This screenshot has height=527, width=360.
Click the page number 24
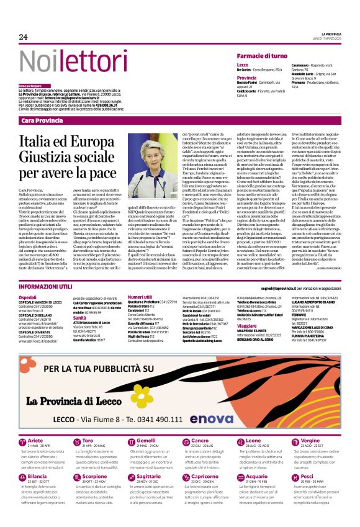24,37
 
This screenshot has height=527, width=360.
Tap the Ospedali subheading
29,297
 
